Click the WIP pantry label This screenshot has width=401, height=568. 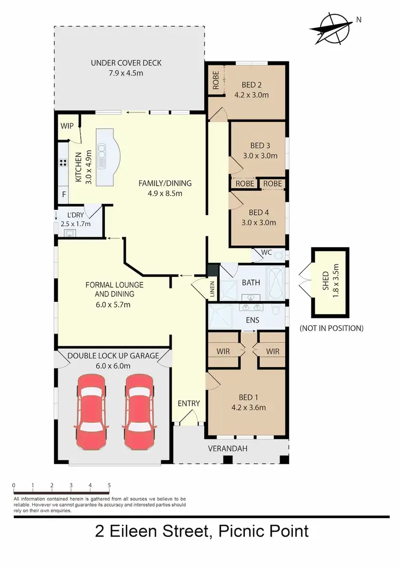click(67, 126)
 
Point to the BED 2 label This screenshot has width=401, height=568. click(251, 85)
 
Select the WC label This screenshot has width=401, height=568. click(266, 253)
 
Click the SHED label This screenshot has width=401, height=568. click(326, 277)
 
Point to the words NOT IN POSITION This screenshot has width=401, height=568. click(331, 328)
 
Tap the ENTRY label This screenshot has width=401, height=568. click(189, 404)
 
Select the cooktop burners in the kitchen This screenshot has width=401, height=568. click(63, 163)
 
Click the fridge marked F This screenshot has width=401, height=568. click(64, 194)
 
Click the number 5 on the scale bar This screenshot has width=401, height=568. click(109, 486)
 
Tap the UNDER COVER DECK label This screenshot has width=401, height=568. click(126, 63)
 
